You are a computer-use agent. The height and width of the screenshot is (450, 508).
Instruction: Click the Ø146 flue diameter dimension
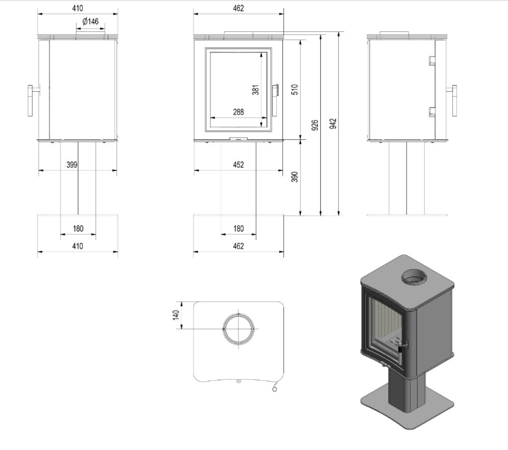pos(90,21)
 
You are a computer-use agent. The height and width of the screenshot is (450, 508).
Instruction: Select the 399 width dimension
pos(72,165)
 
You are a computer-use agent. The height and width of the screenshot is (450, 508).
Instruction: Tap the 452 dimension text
pos(238,165)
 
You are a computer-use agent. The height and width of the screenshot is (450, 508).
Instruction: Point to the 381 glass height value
pos(255,90)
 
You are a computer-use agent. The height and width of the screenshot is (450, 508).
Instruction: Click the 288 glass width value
pos(238,112)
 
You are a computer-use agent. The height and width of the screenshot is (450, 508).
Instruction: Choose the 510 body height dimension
pos(295,90)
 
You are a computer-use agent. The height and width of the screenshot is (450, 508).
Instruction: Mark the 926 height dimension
pos(315,125)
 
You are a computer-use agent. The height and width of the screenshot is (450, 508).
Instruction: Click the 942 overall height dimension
pos(333,124)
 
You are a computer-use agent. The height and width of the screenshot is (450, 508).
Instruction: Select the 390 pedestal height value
pos(295,177)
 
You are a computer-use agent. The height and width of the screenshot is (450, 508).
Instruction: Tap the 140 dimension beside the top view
pos(176,315)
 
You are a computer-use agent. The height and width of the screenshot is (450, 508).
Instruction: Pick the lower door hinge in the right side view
pos(432,112)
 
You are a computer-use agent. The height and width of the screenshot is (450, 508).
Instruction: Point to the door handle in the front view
pos(275,100)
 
